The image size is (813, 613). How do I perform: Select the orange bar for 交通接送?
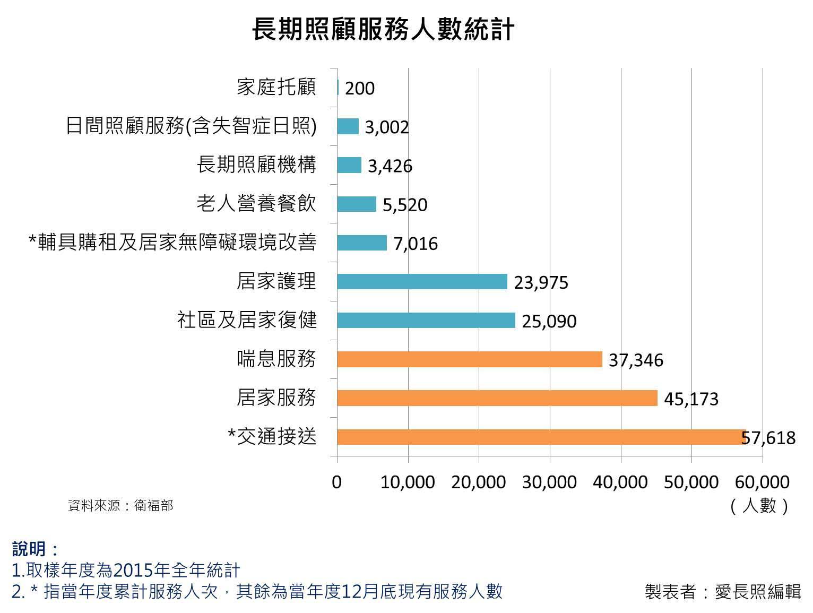[x=541, y=437]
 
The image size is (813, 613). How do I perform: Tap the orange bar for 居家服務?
[x=497, y=398]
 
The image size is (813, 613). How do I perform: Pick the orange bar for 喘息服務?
[x=469, y=359]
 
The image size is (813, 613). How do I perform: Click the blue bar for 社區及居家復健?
[x=426, y=321]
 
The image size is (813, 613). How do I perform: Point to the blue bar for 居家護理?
[x=422, y=282]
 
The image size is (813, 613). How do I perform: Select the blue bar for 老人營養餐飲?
[x=356, y=204]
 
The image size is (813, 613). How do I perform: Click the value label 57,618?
[x=768, y=438]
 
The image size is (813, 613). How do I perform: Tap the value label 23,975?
[x=541, y=282]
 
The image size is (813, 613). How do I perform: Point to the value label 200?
[x=360, y=88]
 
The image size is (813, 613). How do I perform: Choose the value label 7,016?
[x=416, y=244]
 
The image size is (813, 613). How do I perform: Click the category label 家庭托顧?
[x=276, y=87]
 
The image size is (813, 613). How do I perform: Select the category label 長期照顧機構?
[x=256, y=165]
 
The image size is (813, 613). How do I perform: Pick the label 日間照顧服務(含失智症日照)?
[x=191, y=126]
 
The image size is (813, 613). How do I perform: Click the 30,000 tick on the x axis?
[x=549, y=482]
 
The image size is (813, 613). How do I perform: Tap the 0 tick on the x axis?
[x=336, y=482]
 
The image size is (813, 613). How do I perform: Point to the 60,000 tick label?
[x=763, y=482]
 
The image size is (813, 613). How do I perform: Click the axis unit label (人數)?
[x=759, y=505]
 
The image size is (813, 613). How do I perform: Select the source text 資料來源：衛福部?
[x=120, y=505]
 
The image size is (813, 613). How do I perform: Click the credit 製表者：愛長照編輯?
[x=722, y=591]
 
